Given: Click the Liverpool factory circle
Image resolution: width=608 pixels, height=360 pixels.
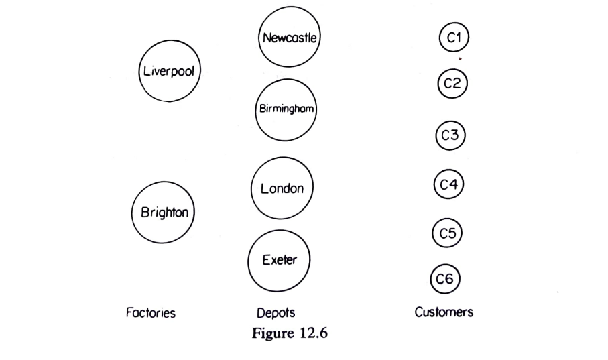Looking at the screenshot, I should pos(168,71).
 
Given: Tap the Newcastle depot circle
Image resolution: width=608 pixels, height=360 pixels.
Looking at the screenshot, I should pos(290,38).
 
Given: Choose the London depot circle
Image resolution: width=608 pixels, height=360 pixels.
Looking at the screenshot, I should pos(282,189).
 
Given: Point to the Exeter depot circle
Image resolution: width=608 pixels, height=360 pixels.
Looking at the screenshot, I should pos(279,260).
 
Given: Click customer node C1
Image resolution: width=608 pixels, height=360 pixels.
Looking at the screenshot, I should pos(454,38).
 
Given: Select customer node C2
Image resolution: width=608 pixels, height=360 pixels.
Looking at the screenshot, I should pos(452,84).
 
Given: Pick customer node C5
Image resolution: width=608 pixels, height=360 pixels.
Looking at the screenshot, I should pos(447,233).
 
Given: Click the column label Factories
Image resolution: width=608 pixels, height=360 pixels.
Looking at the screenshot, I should pos(151,313).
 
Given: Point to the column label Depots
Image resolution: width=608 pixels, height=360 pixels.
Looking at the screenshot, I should pos(276,313).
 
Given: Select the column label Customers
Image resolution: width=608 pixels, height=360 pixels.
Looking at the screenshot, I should pos(443,312).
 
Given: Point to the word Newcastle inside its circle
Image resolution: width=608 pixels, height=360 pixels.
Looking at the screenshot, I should pos(290,38).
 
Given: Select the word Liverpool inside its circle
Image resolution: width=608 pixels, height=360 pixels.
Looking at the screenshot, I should pos(168,72).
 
